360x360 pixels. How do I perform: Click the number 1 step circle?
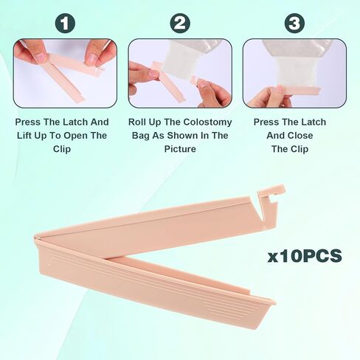(66, 24)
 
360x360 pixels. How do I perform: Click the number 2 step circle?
(180, 24)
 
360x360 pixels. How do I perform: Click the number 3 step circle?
(294, 24)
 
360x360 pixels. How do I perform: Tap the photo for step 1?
(65, 73)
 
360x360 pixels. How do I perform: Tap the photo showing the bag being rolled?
(180, 73)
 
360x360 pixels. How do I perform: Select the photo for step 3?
(294, 73)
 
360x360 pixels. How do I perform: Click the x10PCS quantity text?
(305, 256)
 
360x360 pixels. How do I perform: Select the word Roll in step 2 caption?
(139, 122)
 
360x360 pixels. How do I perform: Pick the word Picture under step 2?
(180, 148)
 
